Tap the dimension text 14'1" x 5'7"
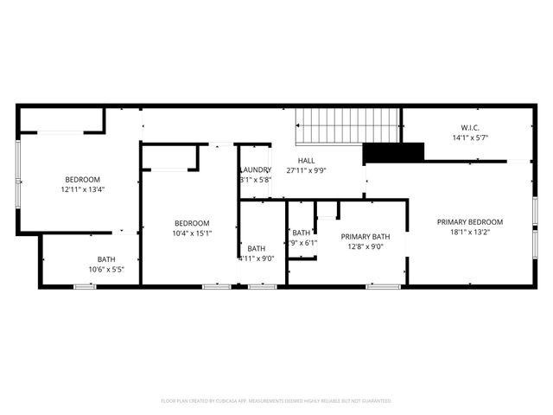[x=470, y=137]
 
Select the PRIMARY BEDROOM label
[x=470, y=221]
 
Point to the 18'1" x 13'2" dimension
[x=470, y=233]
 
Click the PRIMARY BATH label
[x=365, y=236]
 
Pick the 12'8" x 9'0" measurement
[x=365, y=246]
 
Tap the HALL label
[x=307, y=161]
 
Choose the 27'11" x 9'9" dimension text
[x=307, y=171]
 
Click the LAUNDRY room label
[x=256, y=169]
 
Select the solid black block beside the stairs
[x=393, y=153]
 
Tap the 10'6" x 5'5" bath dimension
[x=106, y=270]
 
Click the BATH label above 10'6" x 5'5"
[x=106, y=259]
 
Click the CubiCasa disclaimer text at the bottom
[x=276, y=401]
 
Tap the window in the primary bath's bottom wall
[x=383, y=285]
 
